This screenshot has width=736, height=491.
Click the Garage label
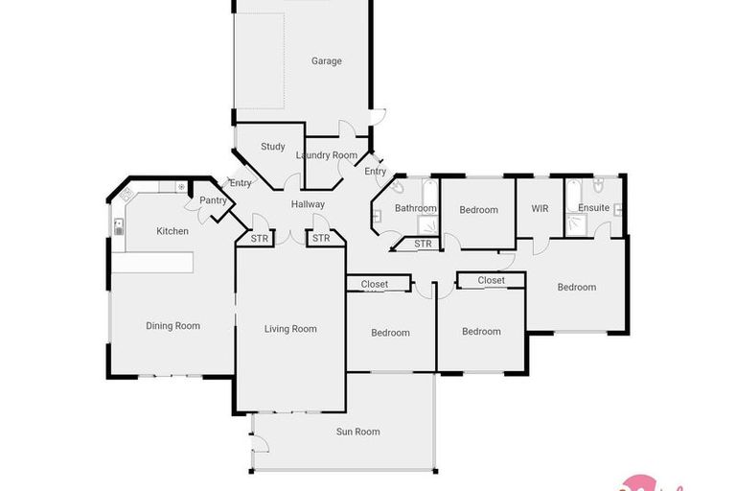[x=326, y=61]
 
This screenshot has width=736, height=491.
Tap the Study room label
[x=273, y=147]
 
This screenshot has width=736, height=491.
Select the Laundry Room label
[x=326, y=155]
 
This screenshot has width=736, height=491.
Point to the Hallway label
[x=309, y=204]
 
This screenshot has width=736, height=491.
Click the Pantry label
[x=212, y=200]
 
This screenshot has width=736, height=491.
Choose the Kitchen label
[x=172, y=231]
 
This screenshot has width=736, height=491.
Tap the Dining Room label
[x=172, y=326]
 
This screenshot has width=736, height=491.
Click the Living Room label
[x=290, y=329]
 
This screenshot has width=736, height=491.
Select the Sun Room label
[x=358, y=432]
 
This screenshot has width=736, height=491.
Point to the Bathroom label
[x=416, y=208]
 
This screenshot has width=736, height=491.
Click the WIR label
[x=540, y=208]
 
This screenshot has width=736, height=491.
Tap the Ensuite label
[x=593, y=208]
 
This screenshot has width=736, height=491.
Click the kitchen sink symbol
[x=119, y=227]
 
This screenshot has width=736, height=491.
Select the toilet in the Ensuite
[x=597, y=186]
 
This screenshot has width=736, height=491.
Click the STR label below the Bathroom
[x=424, y=245]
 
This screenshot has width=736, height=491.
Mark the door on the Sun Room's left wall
[x=257, y=444]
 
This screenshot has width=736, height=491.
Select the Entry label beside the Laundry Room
[x=376, y=172]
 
